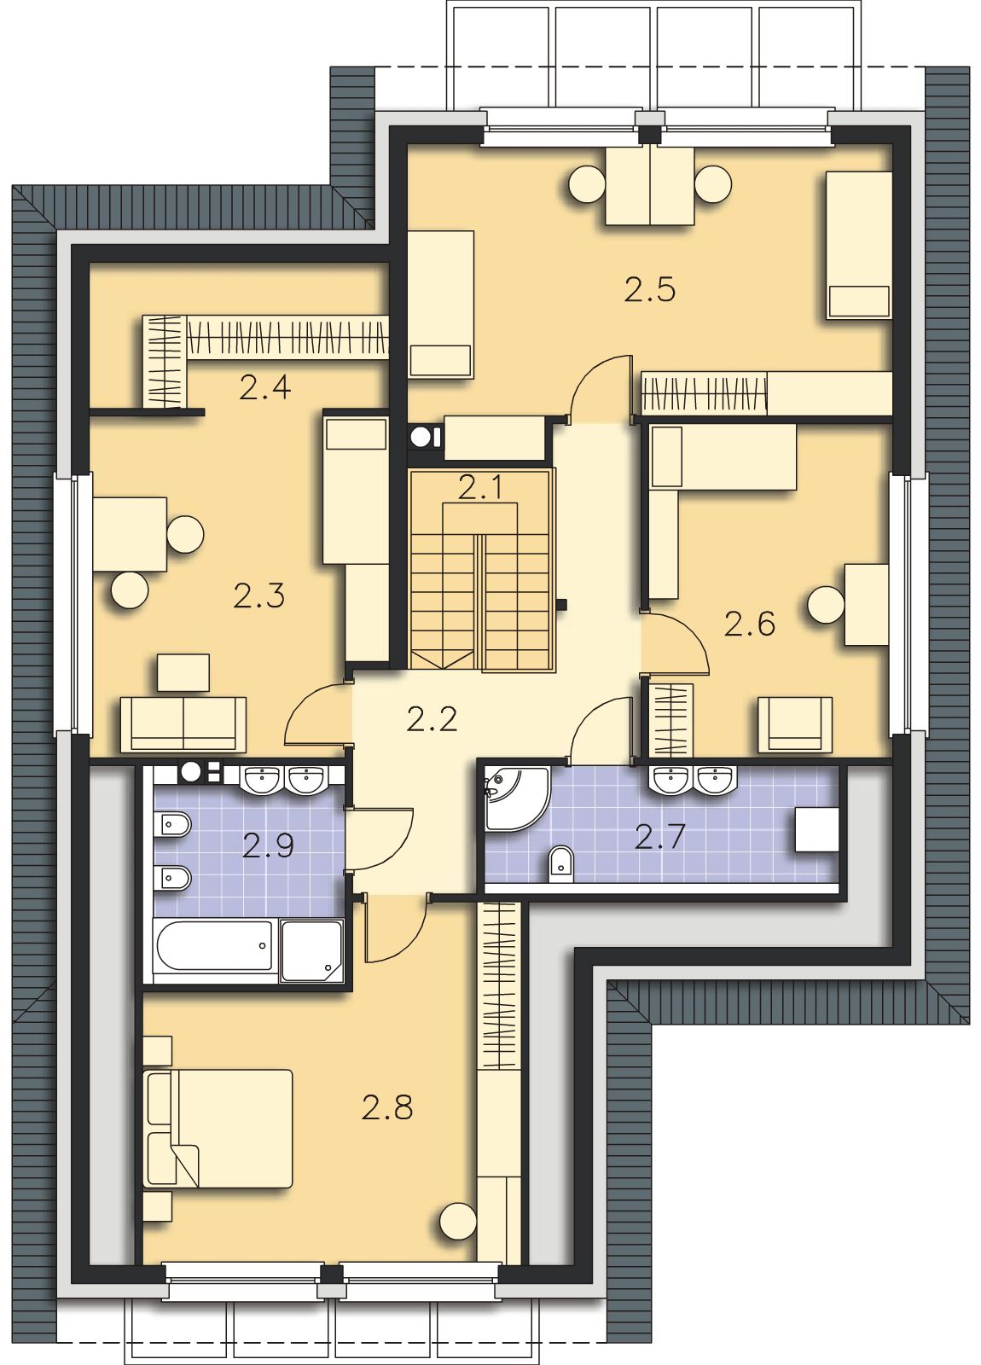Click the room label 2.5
point(650,290)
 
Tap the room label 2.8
point(387,1106)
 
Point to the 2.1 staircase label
point(480,488)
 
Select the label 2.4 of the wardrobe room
point(265,387)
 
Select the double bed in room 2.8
point(218,1128)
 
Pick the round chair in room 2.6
point(827,605)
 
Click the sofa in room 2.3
point(183,724)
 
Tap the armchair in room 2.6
point(795,724)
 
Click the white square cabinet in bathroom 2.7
point(816,829)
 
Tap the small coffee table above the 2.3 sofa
point(183,673)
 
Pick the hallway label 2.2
point(432,720)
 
